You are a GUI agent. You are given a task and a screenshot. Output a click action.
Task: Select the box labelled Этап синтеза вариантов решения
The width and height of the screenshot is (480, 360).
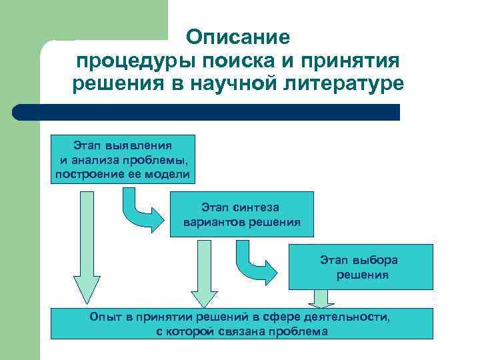coord(241,214)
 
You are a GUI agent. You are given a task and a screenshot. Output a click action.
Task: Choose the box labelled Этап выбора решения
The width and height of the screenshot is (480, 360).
coord(360,267)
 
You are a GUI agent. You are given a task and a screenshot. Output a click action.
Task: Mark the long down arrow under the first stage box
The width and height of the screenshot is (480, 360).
coord(86,247)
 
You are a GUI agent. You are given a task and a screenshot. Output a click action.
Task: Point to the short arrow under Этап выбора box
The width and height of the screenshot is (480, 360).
coord(321,299)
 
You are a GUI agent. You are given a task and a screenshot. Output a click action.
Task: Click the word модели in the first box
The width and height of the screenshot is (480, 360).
coord(171,175)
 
